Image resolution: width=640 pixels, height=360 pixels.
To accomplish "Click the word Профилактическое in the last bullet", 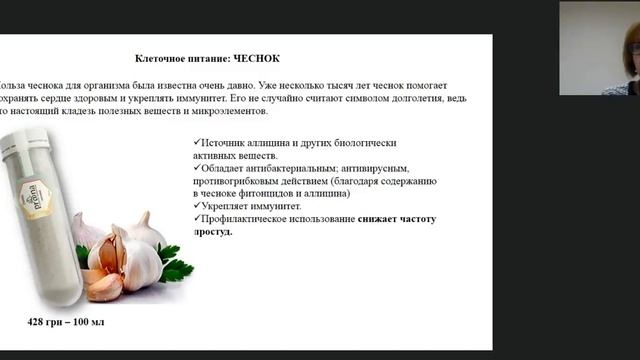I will (249, 218).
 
